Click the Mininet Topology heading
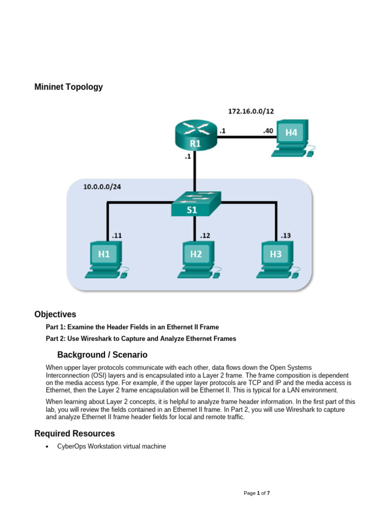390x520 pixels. click(x=68, y=87)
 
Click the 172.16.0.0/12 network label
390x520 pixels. click(x=251, y=110)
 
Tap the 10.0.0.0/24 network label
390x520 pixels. click(x=102, y=187)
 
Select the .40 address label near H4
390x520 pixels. click(x=268, y=132)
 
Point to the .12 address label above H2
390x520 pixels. click(x=205, y=236)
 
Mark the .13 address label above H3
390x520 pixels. click(x=286, y=236)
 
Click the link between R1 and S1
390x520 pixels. click(x=195, y=175)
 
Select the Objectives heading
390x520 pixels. click(x=55, y=314)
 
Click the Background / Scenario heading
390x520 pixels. click(x=102, y=354)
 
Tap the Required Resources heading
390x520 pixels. click(x=74, y=434)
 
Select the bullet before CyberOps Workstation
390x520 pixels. click(x=47, y=447)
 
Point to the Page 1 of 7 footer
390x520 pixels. click(x=261, y=493)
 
